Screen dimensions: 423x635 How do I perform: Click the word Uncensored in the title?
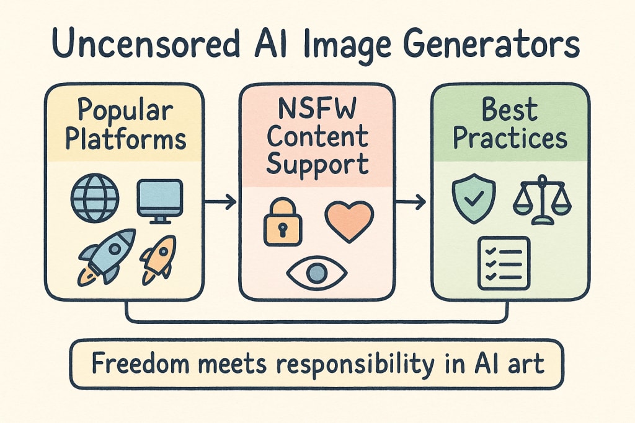click(x=142, y=46)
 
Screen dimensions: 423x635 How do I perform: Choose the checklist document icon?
click(x=504, y=263)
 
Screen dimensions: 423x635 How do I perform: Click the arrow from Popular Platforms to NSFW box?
click(x=221, y=201)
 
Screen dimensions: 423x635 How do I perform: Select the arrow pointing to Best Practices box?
click(x=411, y=201)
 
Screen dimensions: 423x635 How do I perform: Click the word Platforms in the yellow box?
click(x=125, y=139)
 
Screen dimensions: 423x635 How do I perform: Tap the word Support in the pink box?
click(x=317, y=164)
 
